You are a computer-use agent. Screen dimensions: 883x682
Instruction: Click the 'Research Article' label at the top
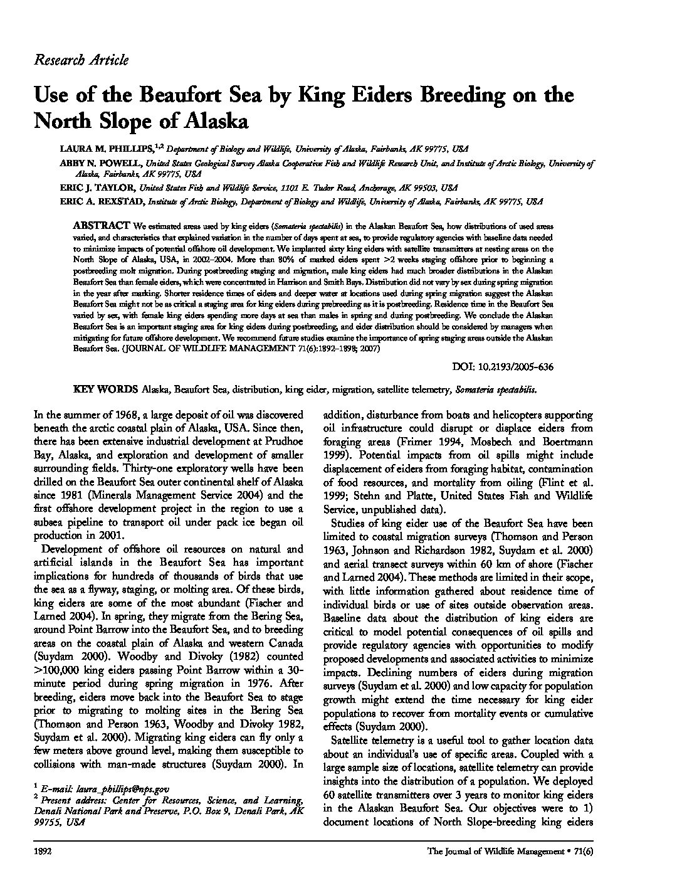click(x=81, y=60)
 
